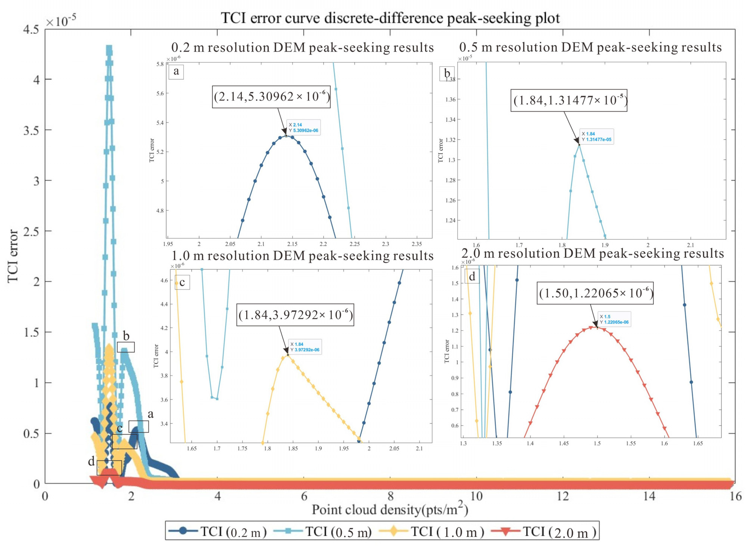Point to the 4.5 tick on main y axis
[x=31, y=30]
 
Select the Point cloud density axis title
[x=390, y=509]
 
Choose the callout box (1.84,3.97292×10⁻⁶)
[x=295, y=315]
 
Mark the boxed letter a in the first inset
[x=176, y=71]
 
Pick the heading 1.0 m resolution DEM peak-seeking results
[x=302, y=256]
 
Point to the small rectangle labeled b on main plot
[x=126, y=347]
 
